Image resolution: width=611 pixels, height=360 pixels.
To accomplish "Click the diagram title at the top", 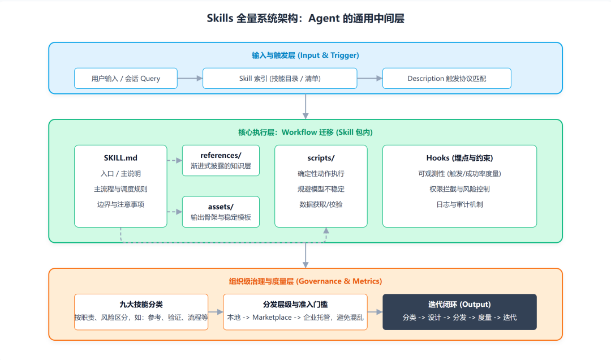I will pyautogui.click(x=305, y=19).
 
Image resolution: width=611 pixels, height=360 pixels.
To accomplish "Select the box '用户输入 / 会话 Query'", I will pyautogui.click(x=126, y=79).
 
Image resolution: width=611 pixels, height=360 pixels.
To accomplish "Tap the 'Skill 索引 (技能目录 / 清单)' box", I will pyautogui.click(x=279, y=79).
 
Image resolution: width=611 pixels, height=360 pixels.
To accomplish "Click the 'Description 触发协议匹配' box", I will pyautogui.click(x=446, y=79).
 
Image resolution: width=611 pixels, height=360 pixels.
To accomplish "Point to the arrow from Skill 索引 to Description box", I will pyautogui.click(x=369, y=79).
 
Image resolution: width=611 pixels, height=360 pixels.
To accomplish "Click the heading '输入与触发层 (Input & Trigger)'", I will pyautogui.click(x=305, y=55).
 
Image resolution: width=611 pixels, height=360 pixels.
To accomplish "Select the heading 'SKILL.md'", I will pyautogui.click(x=121, y=158).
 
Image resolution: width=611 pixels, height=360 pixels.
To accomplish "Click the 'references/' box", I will pyautogui.click(x=221, y=160).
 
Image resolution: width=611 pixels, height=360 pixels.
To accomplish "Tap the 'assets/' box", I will pyautogui.click(x=221, y=212).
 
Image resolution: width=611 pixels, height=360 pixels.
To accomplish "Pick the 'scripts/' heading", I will pyautogui.click(x=321, y=158).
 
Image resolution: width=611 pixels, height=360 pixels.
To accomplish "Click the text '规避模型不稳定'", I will pyautogui.click(x=321, y=189).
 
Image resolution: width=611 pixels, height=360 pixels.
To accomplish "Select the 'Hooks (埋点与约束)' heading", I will pyautogui.click(x=459, y=158).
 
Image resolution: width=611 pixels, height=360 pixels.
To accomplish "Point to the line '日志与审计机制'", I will pyautogui.click(x=459, y=204).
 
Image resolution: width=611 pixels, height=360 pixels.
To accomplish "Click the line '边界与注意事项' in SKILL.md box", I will pyautogui.click(x=121, y=204).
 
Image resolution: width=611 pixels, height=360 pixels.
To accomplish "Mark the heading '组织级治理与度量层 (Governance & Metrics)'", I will pyautogui.click(x=305, y=281).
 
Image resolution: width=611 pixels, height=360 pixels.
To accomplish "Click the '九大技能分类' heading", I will pyautogui.click(x=141, y=305).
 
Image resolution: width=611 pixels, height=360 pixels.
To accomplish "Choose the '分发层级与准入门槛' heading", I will pyautogui.click(x=295, y=305).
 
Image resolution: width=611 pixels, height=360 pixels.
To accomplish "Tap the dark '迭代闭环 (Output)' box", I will pyautogui.click(x=459, y=311).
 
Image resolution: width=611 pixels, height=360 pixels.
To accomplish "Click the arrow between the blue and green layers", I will pyautogui.click(x=305, y=106).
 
